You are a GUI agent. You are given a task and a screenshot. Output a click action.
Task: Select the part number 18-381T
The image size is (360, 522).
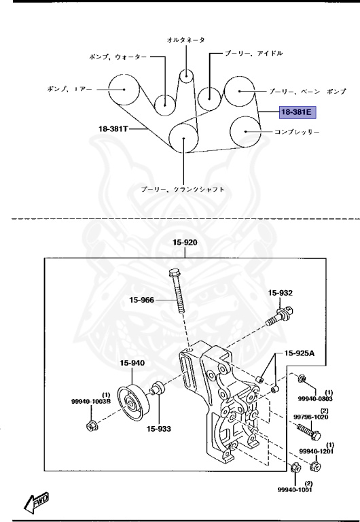tap(113, 128)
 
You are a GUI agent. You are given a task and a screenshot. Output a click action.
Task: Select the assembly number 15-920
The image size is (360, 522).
tap(185, 242)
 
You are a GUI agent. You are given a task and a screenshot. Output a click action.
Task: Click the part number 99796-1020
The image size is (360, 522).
tap(312, 417)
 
